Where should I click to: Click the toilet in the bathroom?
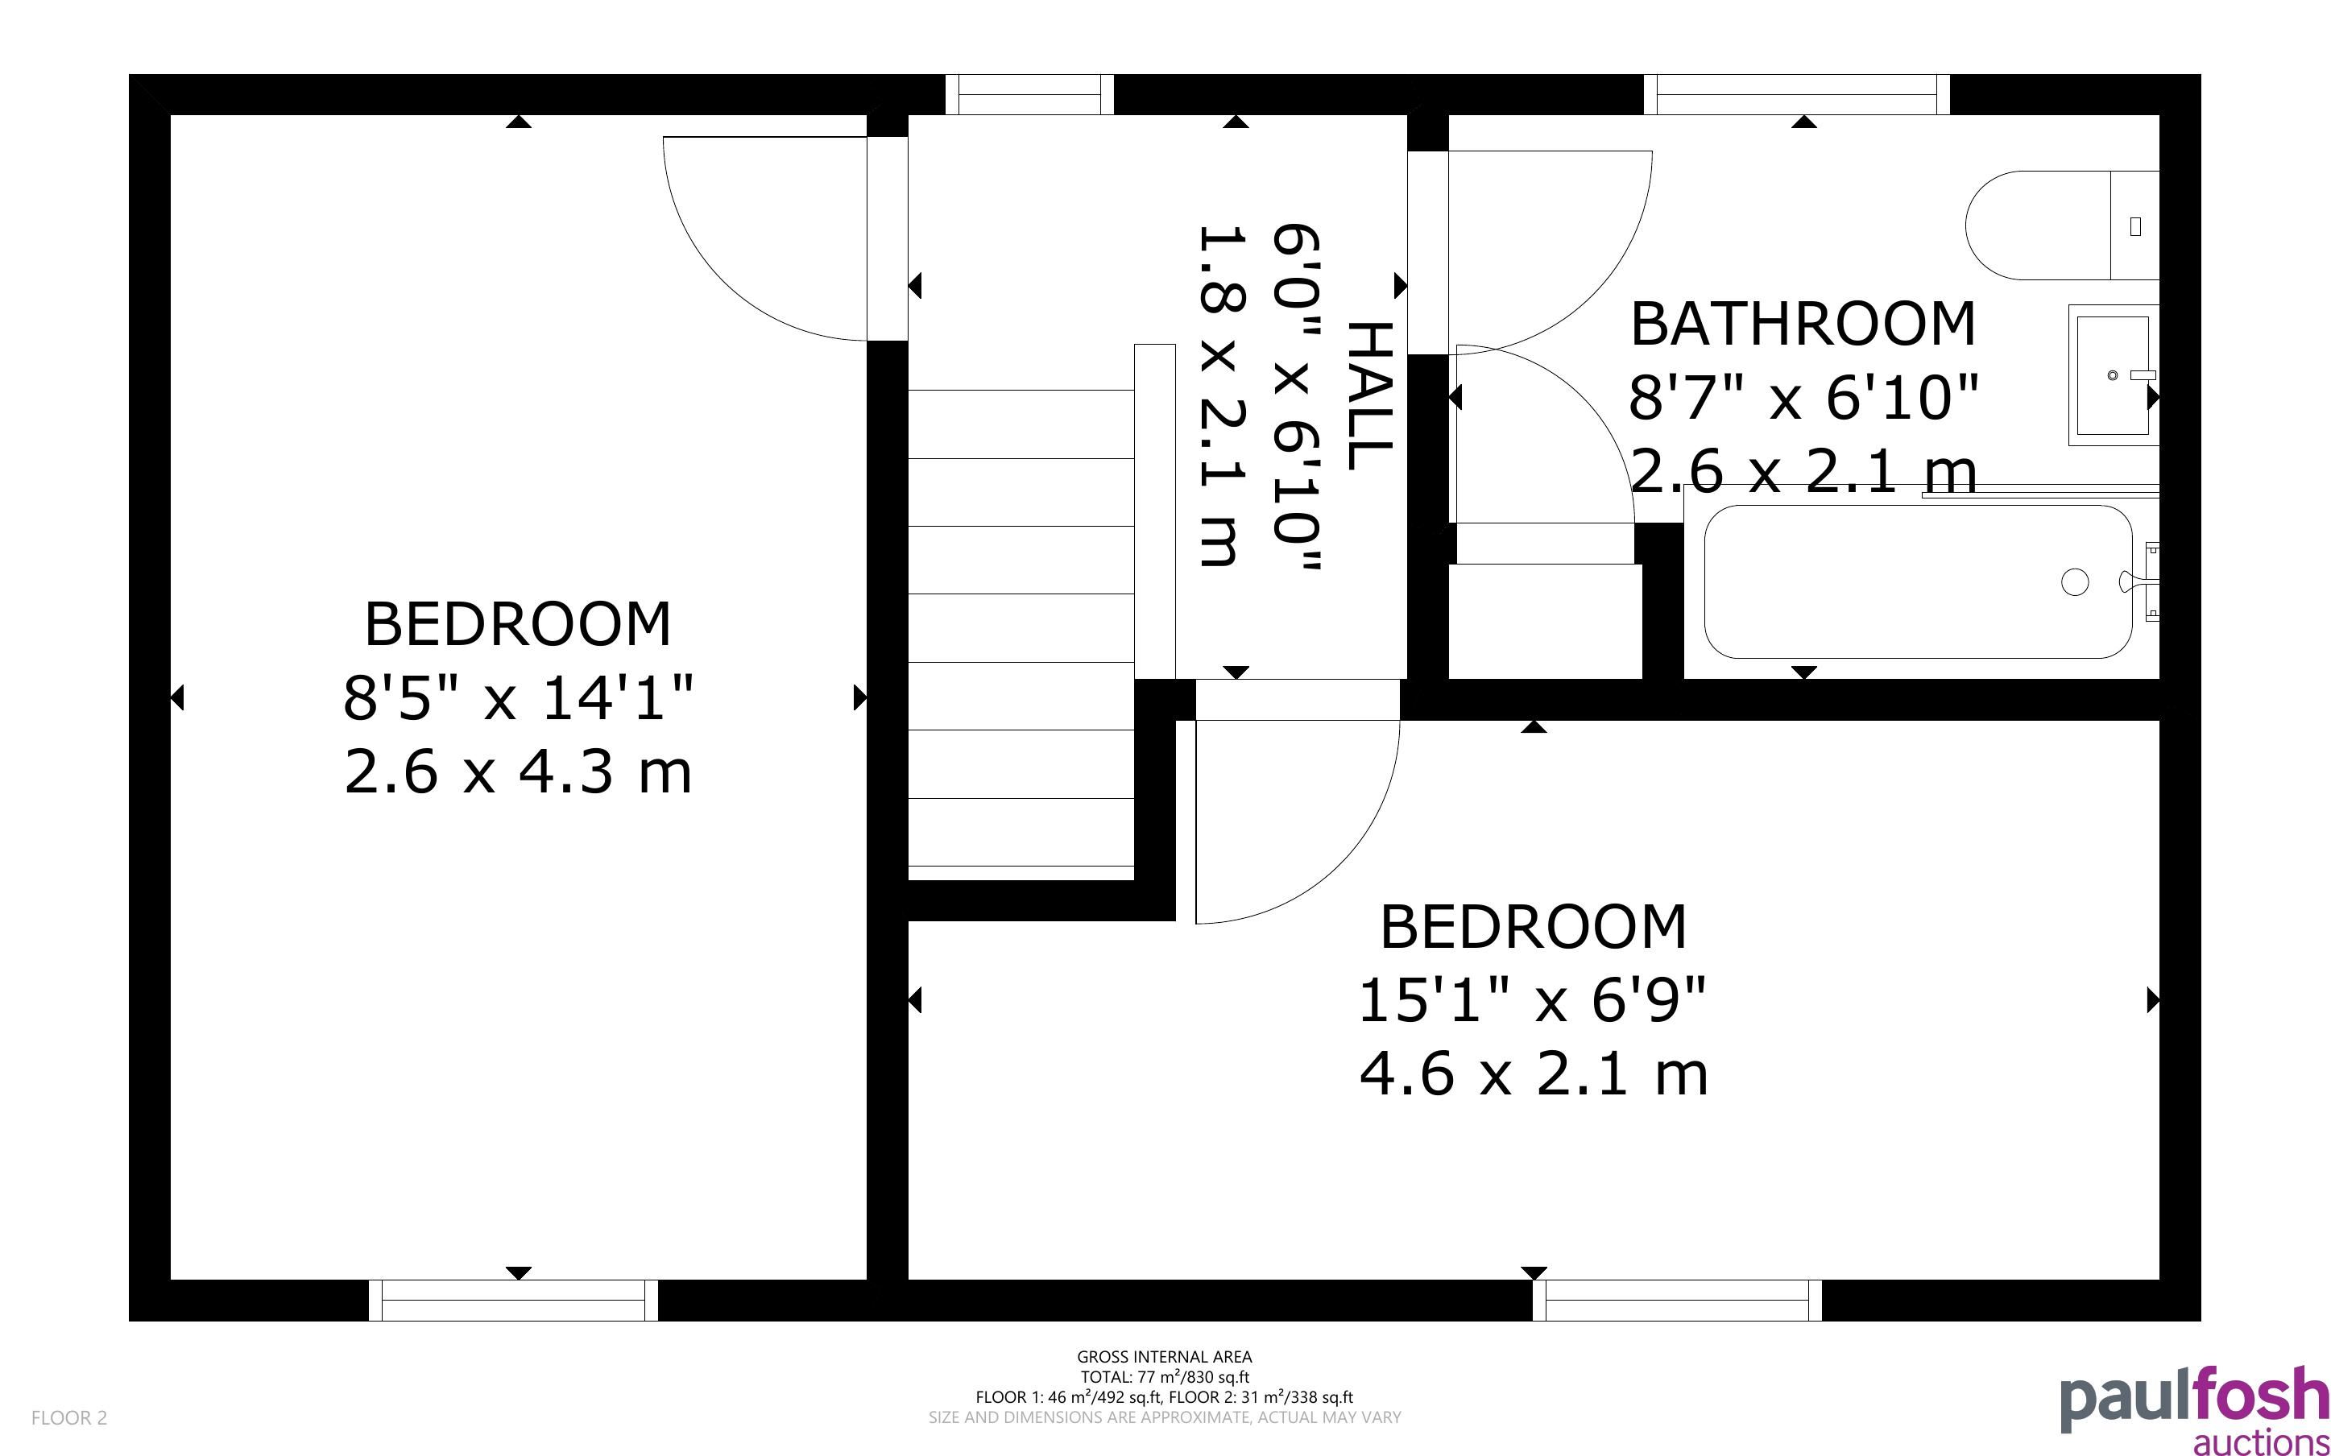coord(2060,225)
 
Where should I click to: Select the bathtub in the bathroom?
coord(1918,581)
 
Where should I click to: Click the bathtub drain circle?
coord(2075,581)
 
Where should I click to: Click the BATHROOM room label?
coord(1803,324)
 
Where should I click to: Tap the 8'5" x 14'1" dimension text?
coord(518,697)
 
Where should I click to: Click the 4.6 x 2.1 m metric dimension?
coord(1533,1073)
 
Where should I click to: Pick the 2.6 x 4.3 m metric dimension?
coord(518,771)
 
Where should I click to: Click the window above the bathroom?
coord(1797,94)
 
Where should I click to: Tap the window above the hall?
coord(1029,94)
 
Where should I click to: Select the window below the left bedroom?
coord(513,1300)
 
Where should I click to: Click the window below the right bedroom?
coord(1677,1300)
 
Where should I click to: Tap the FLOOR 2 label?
coord(69,1417)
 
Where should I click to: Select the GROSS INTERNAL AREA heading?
coord(1164,1357)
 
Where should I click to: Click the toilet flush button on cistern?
coord(2135,226)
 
